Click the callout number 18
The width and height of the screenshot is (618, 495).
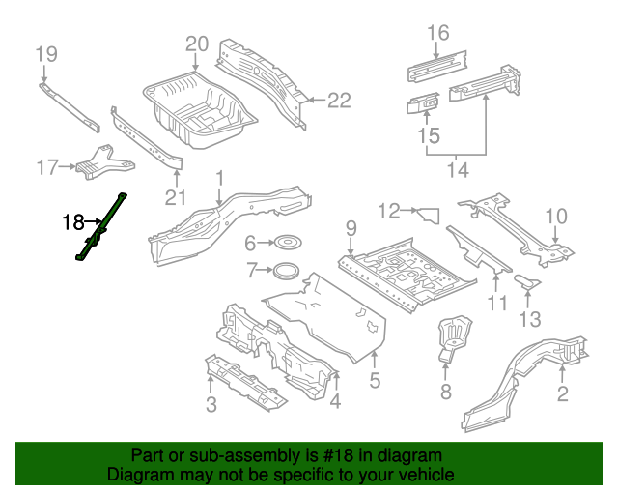point(73,222)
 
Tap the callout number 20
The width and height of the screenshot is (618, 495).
point(197,44)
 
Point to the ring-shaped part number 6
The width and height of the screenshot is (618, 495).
point(286,243)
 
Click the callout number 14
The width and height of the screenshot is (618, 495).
point(457,170)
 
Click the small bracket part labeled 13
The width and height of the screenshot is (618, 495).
point(526,281)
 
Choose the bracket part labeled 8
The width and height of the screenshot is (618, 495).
point(452,335)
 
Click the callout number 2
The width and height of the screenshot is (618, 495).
point(563,393)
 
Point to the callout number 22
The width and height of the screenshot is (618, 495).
point(339,99)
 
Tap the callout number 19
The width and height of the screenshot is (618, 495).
point(46,53)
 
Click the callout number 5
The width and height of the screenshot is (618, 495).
point(375,381)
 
